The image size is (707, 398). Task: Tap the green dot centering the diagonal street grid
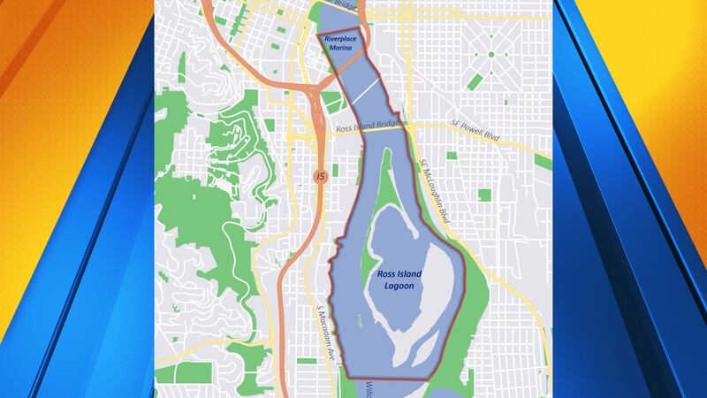click(491, 54)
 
